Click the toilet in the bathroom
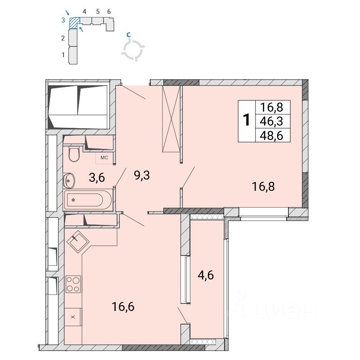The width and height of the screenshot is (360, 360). tap(74, 153)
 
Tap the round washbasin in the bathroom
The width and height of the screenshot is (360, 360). tap(69, 180)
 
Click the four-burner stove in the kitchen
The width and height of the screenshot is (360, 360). tap(73, 284)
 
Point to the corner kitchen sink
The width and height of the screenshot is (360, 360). tap(78, 242)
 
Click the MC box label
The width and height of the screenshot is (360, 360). tap(104, 158)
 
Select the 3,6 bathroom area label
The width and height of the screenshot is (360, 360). tap(97, 177)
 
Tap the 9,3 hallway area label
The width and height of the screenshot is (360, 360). tap(142, 175)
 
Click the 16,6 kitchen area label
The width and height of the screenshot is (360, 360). tap(123, 306)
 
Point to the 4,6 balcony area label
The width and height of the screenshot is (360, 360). tap(206, 275)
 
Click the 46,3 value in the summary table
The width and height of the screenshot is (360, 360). tap(271, 121)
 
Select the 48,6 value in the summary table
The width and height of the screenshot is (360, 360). tap(271, 136)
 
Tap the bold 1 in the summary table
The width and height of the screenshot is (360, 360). tap(247, 120)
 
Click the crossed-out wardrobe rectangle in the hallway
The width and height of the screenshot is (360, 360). tap(171, 119)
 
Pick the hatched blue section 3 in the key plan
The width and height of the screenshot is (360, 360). tap(74, 23)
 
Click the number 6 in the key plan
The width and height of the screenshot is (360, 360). tap(109, 12)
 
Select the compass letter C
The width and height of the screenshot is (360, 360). tap(129, 35)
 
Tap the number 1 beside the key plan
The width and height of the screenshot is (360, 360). tap(63, 55)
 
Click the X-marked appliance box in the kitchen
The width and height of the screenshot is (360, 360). tap(73, 317)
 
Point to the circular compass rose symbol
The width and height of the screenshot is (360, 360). tap(133, 50)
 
